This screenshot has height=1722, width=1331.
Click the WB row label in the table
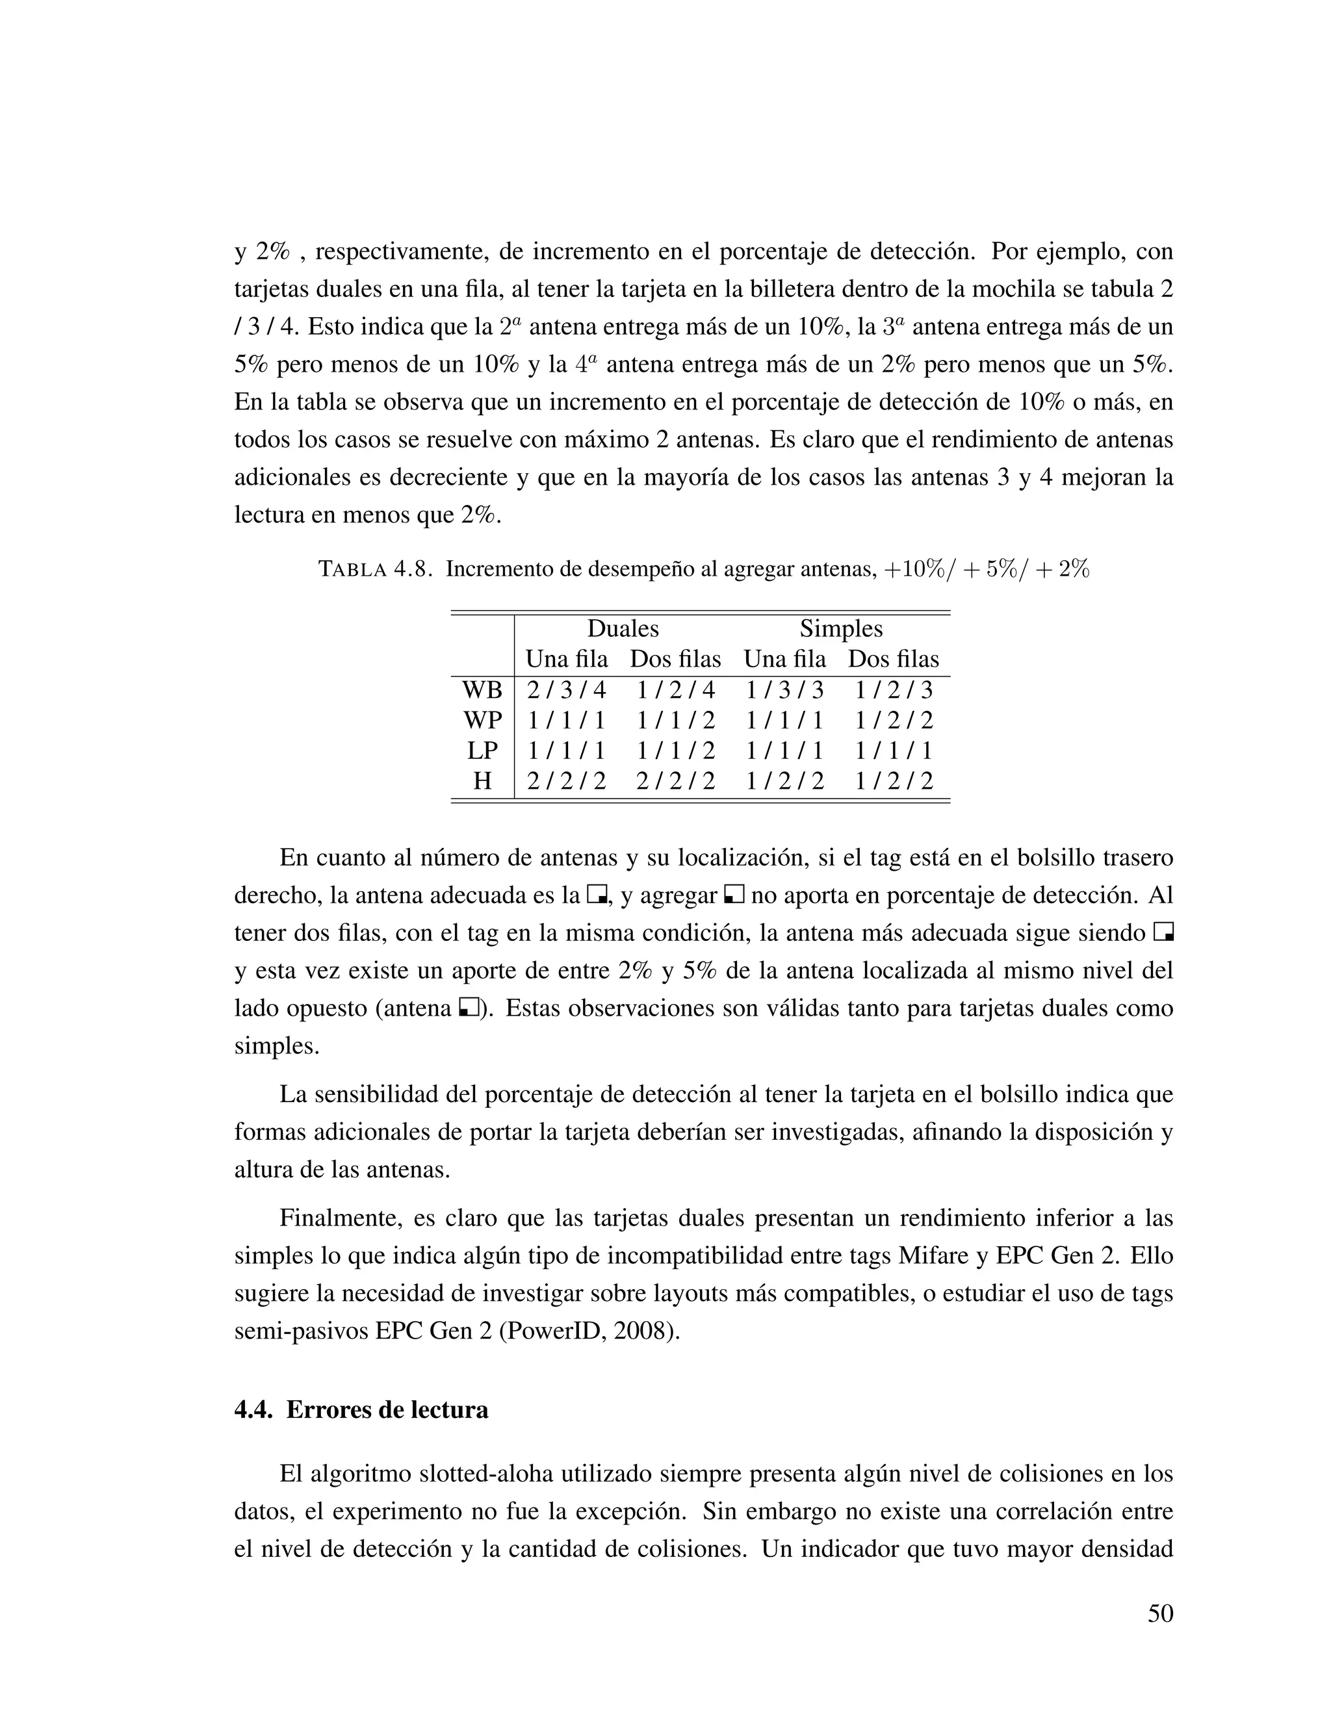click(x=482, y=690)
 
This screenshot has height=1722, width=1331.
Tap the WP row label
click(x=482, y=720)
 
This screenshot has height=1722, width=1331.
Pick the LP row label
click(x=482, y=751)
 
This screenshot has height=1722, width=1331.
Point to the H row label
click(x=482, y=780)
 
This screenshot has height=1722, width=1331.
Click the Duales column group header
click(x=623, y=628)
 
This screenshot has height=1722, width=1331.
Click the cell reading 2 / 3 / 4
click(x=566, y=690)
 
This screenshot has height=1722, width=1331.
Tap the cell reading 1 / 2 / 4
click(x=676, y=690)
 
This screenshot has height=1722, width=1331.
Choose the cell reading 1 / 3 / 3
click(x=784, y=690)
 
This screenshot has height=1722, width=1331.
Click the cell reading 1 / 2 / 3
click(x=894, y=690)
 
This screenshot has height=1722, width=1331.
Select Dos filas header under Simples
click(x=894, y=659)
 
